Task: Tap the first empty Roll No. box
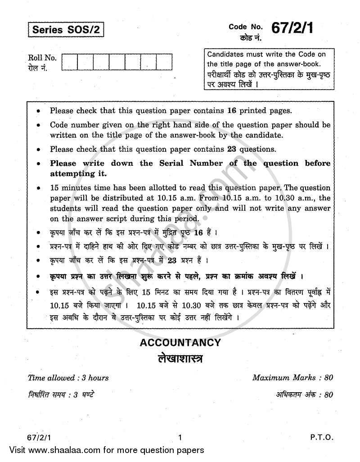pos(69,62)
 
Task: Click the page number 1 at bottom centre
pos(180,437)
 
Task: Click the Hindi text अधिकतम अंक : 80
pos(304,395)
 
